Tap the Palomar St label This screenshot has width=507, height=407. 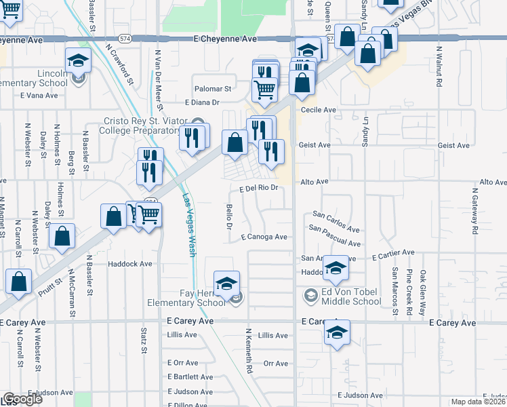[213, 89]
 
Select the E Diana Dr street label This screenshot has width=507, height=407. [203, 102]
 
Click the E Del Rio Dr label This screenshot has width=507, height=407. [259, 189]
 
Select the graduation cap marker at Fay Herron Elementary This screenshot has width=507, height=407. [227, 282]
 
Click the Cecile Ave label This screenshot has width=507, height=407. [319, 109]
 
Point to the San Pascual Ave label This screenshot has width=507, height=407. [334, 237]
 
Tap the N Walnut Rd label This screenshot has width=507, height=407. [439, 66]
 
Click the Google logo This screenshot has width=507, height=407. [22, 399]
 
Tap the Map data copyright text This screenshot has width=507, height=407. [478, 402]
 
